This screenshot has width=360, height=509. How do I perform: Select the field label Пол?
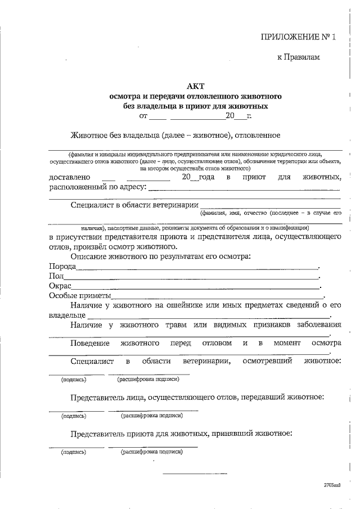click(x=56, y=276)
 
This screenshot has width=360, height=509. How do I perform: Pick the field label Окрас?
click(x=60, y=286)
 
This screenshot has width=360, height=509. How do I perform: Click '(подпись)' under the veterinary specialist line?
click(x=73, y=380)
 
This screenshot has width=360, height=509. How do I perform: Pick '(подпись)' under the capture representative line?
click(x=73, y=416)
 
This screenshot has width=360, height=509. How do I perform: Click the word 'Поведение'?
click(x=90, y=343)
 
